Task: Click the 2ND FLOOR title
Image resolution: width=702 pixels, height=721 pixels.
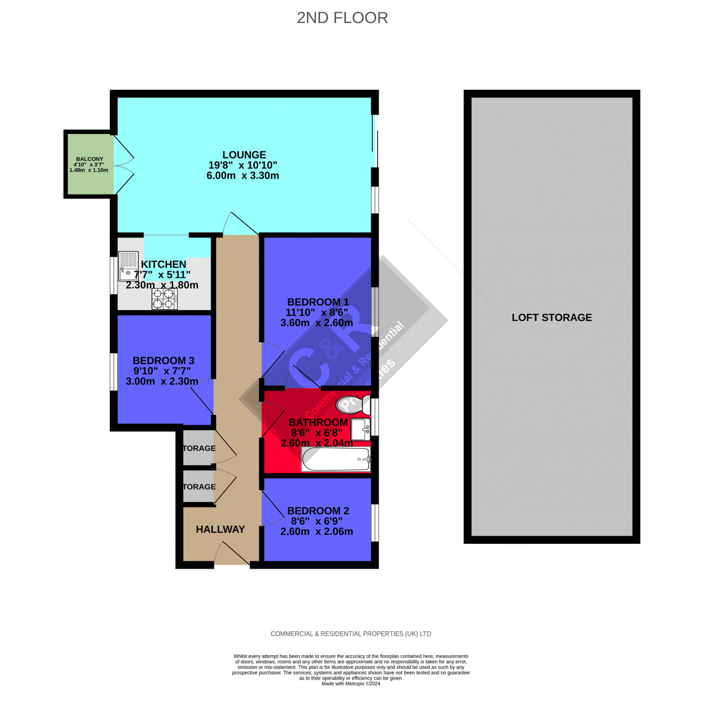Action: tap(342, 18)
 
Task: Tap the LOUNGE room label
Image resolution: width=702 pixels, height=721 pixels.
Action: tap(244, 155)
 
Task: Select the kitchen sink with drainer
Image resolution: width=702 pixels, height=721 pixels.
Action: tap(128, 266)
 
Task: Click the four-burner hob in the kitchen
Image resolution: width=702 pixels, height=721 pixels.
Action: tap(164, 299)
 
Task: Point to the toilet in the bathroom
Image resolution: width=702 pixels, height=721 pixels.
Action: tap(353, 404)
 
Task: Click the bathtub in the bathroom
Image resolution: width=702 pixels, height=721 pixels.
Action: tap(336, 459)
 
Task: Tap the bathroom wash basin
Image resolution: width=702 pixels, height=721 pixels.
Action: tap(360, 429)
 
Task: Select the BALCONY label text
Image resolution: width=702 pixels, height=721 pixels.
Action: tap(89, 159)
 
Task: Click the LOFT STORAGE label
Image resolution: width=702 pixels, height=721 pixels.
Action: tap(552, 317)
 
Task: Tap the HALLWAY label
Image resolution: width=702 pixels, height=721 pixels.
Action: tap(220, 529)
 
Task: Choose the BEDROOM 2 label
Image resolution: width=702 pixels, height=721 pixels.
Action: tap(318, 511)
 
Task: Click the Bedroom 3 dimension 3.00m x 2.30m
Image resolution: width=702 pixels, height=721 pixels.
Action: tap(162, 381)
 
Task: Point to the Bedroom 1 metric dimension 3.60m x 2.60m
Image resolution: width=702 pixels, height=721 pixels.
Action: tap(316, 323)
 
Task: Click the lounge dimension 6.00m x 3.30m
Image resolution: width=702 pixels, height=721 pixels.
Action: tap(242, 175)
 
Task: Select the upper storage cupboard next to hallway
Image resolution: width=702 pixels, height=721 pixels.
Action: tap(198, 448)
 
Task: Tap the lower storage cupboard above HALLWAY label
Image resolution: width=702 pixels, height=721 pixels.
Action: tap(198, 487)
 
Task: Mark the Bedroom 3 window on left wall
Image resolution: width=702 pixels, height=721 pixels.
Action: tap(114, 371)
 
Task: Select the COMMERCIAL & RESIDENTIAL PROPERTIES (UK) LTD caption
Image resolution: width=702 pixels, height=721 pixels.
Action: tap(351, 634)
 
